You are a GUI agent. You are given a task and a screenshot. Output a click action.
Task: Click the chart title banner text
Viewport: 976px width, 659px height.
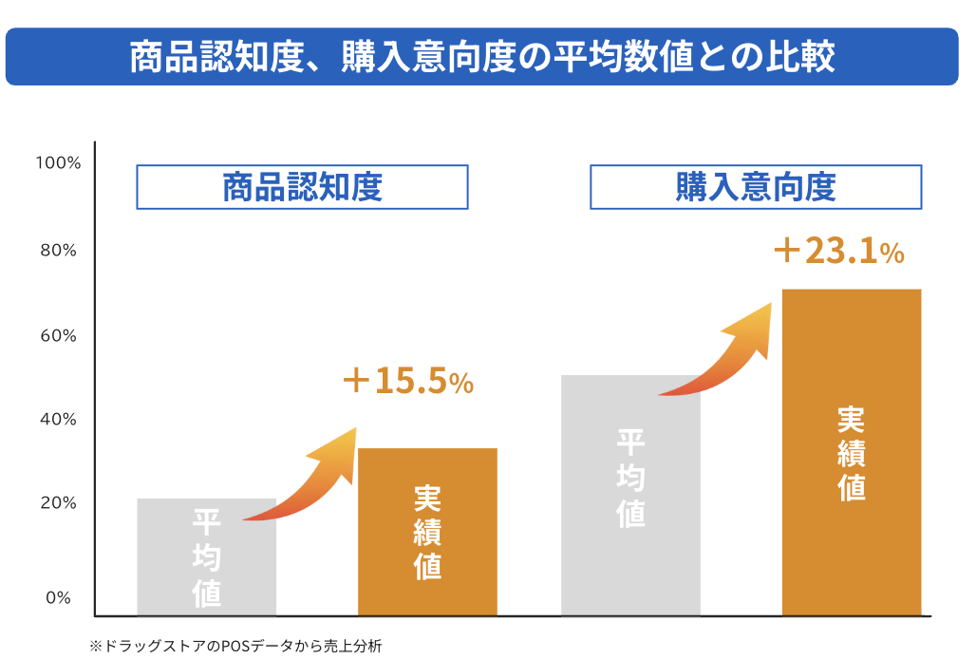click(x=481, y=57)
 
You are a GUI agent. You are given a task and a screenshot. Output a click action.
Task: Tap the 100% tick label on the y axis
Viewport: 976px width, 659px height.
click(x=58, y=163)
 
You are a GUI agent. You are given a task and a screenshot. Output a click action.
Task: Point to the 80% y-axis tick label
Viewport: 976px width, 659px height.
click(x=58, y=251)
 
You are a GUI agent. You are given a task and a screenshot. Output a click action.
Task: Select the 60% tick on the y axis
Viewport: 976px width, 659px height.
click(x=58, y=336)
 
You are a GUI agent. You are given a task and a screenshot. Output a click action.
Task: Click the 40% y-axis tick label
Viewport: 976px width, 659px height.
click(x=58, y=419)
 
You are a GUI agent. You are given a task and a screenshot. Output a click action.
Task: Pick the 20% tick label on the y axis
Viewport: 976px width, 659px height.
click(x=58, y=503)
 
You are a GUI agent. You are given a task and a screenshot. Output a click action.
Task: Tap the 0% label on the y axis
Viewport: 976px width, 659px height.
click(x=61, y=597)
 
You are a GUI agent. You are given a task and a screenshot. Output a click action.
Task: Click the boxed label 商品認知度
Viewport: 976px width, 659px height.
click(x=302, y=187)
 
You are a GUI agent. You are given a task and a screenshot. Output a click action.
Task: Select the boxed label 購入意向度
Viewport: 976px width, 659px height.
click(x=756, y=187)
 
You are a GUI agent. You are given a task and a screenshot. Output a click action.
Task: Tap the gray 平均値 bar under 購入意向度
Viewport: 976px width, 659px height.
click(x=630, y=494)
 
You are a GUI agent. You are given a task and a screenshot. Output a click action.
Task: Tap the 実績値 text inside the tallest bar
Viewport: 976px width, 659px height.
click(x=852, y=455)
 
